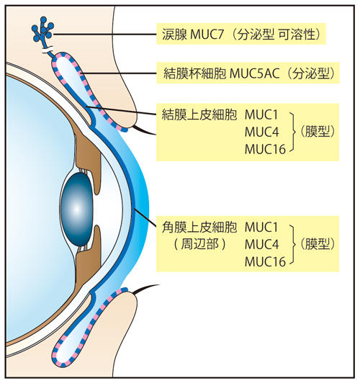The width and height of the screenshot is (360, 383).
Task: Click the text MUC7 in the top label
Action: tap(207, 35)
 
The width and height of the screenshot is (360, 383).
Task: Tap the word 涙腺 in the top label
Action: tap(174, 35)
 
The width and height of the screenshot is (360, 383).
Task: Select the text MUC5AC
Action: tap(254, 73)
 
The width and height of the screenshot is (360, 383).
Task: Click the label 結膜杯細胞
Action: tap(194, 73)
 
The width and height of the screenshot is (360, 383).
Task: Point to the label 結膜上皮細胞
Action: tap(199, 114)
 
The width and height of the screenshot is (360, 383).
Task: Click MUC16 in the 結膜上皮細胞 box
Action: tap(265, 149)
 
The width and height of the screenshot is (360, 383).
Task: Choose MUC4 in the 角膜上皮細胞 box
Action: tap(261, 244)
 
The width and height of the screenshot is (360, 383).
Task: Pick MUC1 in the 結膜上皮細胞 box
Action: tap(261, 114)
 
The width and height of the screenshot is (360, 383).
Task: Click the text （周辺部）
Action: tap(199, 244)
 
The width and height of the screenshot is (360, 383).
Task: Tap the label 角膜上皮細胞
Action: tap(199, 227)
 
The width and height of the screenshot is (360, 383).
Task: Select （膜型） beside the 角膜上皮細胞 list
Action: tap(317, 244)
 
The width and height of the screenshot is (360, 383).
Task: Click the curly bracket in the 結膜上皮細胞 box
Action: tap(292, 132)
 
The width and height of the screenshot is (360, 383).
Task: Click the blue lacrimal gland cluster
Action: tap(43, 30)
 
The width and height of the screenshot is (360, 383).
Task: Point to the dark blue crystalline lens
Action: tap(76, 209)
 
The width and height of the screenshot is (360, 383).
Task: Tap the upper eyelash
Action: tap(144, 130)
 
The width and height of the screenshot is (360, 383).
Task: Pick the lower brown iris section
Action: tap(89, 260)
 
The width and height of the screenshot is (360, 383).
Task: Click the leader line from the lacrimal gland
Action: tap(104, 35)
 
